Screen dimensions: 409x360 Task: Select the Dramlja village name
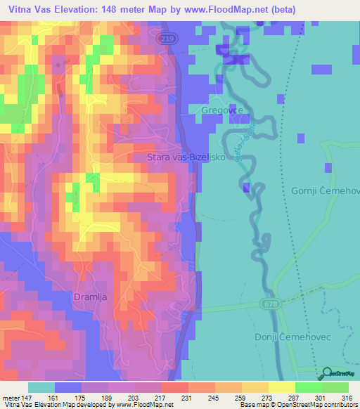click(x=89, y=297)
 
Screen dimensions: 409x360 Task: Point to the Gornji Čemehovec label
click(x=326, y=191)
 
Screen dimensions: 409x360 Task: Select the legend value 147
click(x=22, y=398)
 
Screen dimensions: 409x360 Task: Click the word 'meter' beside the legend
click(x=9, y=398)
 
